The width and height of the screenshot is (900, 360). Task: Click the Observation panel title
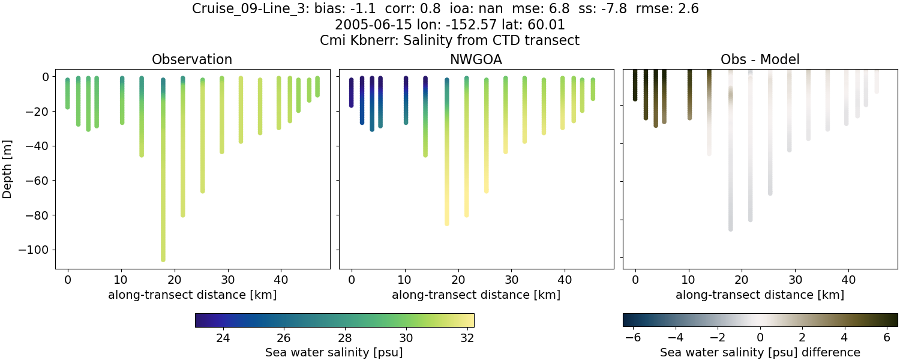point(192,59)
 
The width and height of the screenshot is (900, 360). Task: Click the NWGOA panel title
point(476,59)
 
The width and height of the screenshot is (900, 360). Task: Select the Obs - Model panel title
point(760,59)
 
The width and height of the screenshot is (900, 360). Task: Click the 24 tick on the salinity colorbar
point(223,338)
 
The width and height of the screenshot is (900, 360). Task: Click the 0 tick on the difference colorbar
point(760,338)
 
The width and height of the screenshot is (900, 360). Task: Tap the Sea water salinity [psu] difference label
point(760,352)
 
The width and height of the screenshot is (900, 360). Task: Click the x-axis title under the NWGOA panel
point(476,295)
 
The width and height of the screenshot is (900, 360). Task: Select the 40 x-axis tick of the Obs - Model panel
point(848,279)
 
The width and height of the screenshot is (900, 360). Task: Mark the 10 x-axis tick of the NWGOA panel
point(405,279)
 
